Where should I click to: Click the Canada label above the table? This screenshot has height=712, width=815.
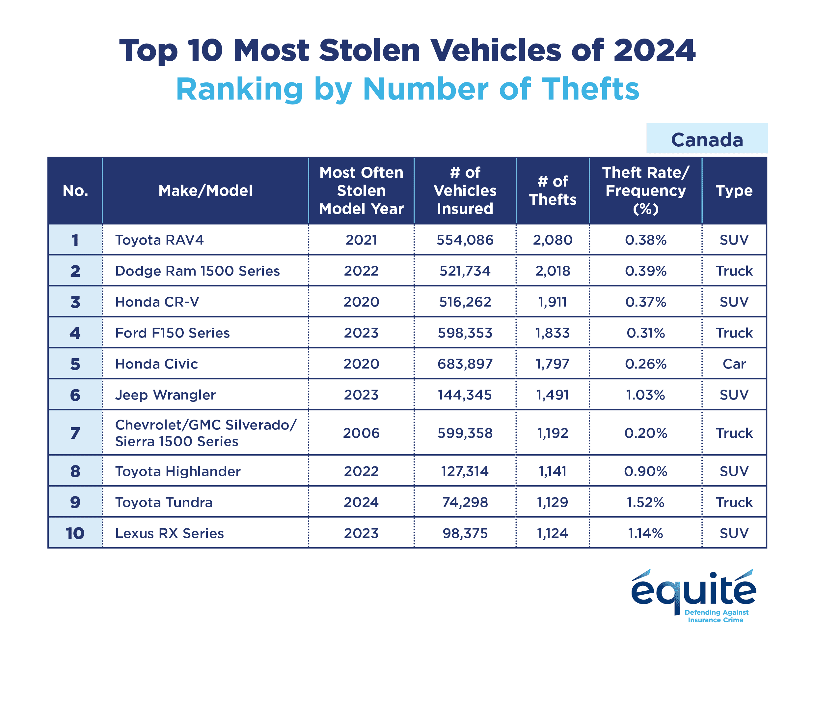[x=707, y=140]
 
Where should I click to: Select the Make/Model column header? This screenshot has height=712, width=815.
[x=205, y=191]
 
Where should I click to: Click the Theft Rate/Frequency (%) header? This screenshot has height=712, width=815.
[x=645, y=191]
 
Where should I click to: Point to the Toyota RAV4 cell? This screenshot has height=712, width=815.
[x=159, y=240]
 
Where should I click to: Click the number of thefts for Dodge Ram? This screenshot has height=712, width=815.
[x=553, y=271]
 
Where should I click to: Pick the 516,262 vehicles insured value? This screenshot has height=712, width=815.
[x=465, y=302]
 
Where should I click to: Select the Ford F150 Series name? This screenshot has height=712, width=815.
[x=172, y=333]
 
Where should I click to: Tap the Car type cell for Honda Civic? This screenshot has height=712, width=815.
[x=734, y=364]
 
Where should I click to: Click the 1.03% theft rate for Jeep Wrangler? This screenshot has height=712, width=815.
[x=645, y=395]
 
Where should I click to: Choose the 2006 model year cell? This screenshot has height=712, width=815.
[x=361, y=433]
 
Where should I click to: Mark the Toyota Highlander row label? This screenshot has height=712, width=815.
[x=178, y=471]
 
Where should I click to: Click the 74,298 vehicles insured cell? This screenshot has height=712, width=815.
[x=465, y=502]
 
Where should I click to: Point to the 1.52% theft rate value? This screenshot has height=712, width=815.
[x=645, y=502]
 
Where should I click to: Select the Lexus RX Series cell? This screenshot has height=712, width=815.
[x=170, y=533]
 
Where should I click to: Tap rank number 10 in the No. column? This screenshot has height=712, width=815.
[x=75, y=533]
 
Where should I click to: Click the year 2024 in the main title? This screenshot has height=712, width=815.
[x=654, y=51]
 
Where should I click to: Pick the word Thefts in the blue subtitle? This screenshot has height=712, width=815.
[x=590, y=89]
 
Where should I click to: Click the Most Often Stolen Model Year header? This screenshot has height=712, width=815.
[x=361, y=191]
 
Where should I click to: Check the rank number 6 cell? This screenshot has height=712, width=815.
[x=75, y=395]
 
